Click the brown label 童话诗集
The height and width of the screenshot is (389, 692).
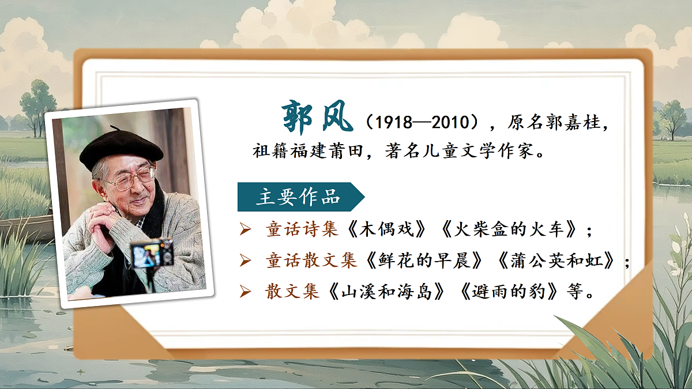tap(302, 230)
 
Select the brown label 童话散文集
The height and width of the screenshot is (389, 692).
tap(311, 260)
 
